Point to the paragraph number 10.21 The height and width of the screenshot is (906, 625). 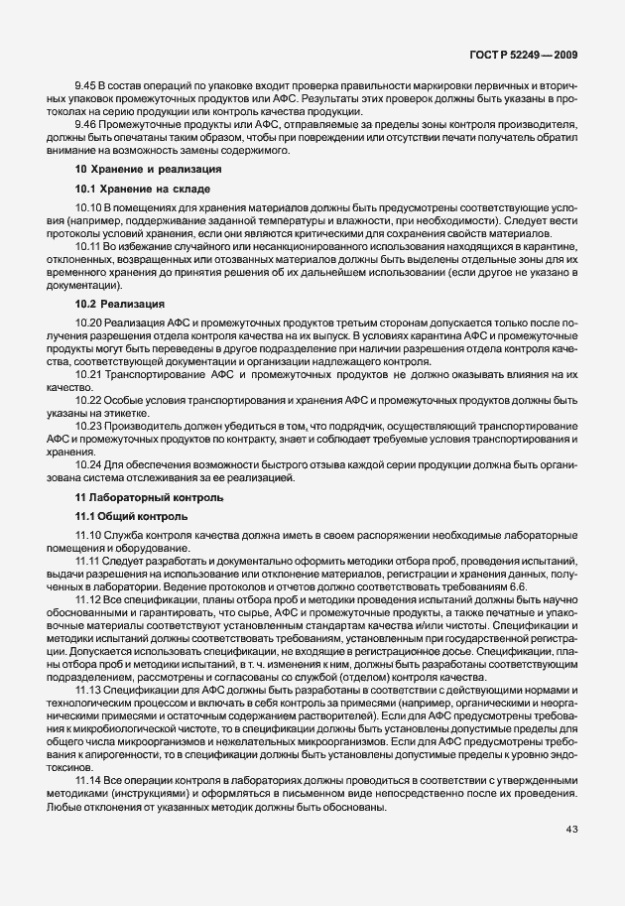point(89,376)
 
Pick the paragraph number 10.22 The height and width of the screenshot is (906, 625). point(89,399)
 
